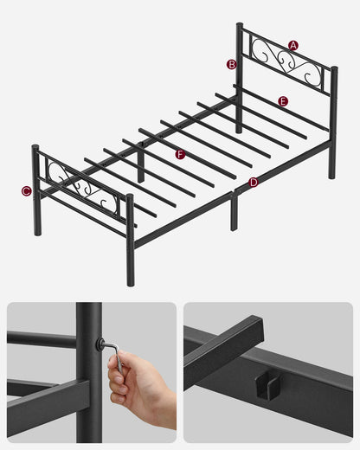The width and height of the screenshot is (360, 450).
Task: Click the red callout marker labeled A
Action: pos(293,45)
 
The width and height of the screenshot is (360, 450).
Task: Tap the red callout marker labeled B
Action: pos(231,64)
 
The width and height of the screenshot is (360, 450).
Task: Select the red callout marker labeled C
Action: pos(26,191)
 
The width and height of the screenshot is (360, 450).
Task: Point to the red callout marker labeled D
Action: pos(254,183)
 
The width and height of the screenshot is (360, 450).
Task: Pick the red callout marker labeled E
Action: pos(283,101)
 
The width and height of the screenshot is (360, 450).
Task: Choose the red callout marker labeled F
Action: pos(180,154)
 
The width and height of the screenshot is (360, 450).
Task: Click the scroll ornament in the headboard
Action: pos(286,64)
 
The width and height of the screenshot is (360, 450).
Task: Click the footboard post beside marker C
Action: pos(36,190)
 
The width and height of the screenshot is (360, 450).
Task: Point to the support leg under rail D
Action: pos(234,211)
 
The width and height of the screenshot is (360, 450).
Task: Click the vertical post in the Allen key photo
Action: pos(87,372)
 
